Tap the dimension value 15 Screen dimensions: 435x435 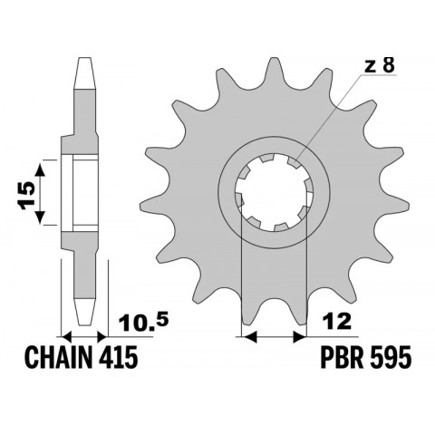[x=28, y=193]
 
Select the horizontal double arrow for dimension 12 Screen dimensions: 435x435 [x=274, y=336]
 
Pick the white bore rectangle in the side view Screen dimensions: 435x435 [x=84, y=193]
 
